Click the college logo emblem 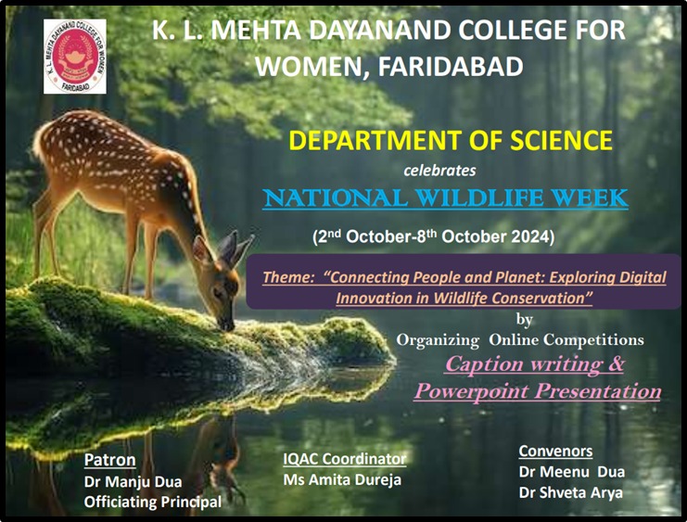click(x=75, y=57)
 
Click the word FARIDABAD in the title click(x=451, y=67)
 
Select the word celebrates click(x=439, y=170)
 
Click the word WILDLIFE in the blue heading click(x=479, y=197)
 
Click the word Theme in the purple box click(x=287, y=277)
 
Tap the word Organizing click(x=438, y=340)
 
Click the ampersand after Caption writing click(x=615, y=363)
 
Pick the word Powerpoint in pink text click(x=471, y=391)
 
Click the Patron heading click(x=109, y=460)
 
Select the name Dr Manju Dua click(x=133, y=482)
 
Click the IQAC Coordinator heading click(x=344, y=459)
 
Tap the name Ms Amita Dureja click(x=342, y=480)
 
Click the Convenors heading click(x=555, y=451)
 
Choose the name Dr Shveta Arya click(x=570, y=492)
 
